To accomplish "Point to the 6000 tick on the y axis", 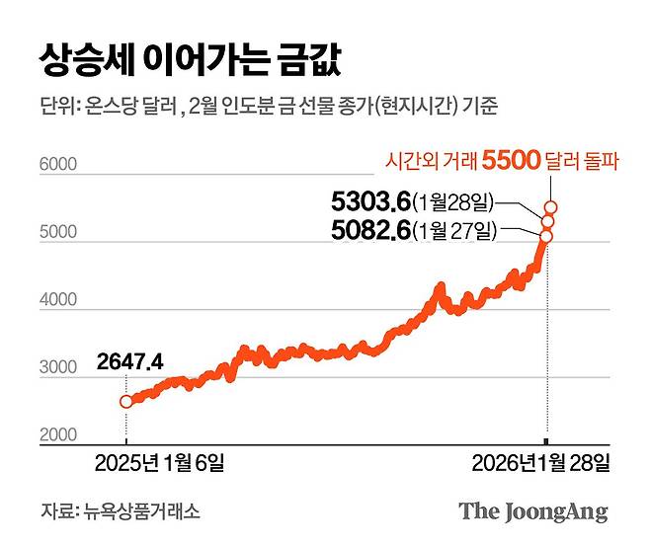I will (x=57, y=165).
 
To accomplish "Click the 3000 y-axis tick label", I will (x=57, y=368).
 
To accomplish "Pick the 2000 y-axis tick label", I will (x=57, y=434).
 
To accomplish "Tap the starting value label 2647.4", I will (x=129, y=361).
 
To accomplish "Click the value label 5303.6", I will (x=370, y=203).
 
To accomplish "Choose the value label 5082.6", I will (x=370, y=232).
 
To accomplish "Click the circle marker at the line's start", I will (x=125, y=401).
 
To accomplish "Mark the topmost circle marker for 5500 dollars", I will (x=550, y=206).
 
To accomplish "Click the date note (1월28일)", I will (x=453, y=203).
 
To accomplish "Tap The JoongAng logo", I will (x=532, y=511).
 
